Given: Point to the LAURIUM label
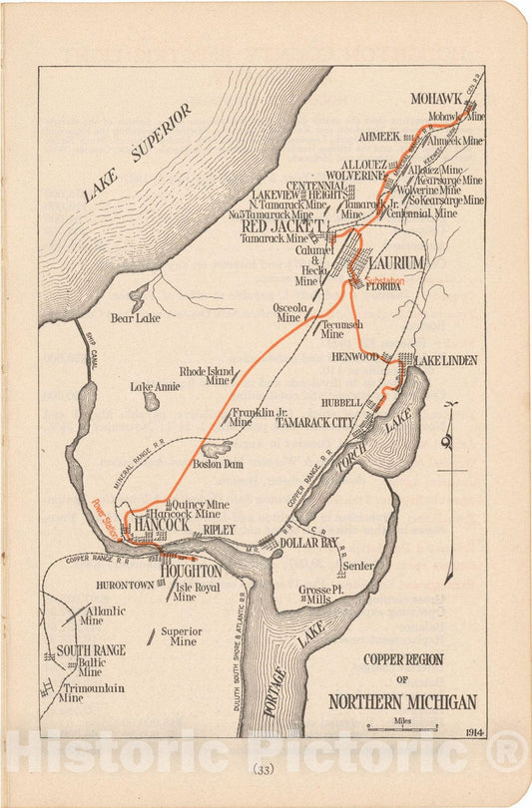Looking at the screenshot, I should click(x=396, y=262).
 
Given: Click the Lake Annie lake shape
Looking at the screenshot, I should click(x=151, y=401).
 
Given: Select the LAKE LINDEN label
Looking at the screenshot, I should click(x=445, y=360).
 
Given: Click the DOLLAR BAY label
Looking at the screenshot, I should click(x=310, y=543).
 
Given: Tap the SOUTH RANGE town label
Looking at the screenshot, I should click(x=91, y=650).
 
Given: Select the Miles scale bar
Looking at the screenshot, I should click(x=403, y=729).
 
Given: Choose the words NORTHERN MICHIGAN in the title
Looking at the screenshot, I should click(x=403, y=701).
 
